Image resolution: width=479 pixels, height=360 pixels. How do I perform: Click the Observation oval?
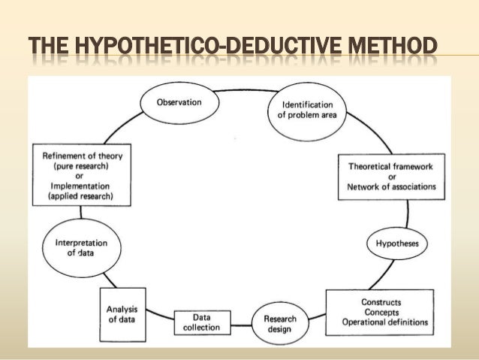click(x=179, y=102)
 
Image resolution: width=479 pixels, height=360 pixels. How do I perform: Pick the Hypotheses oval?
click(x=397, y=244)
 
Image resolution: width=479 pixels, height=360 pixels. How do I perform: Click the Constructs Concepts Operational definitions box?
click(x=385, y=312)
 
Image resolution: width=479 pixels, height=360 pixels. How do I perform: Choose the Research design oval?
click(x=279, y=322)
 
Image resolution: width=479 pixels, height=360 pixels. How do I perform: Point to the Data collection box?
click(x=200, y=322)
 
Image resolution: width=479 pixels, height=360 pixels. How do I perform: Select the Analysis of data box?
click(x=122, y=312)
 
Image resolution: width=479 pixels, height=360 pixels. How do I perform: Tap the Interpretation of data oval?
click(x=82, y=249)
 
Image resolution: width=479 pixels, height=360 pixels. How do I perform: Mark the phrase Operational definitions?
click(x=385, y=322)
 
